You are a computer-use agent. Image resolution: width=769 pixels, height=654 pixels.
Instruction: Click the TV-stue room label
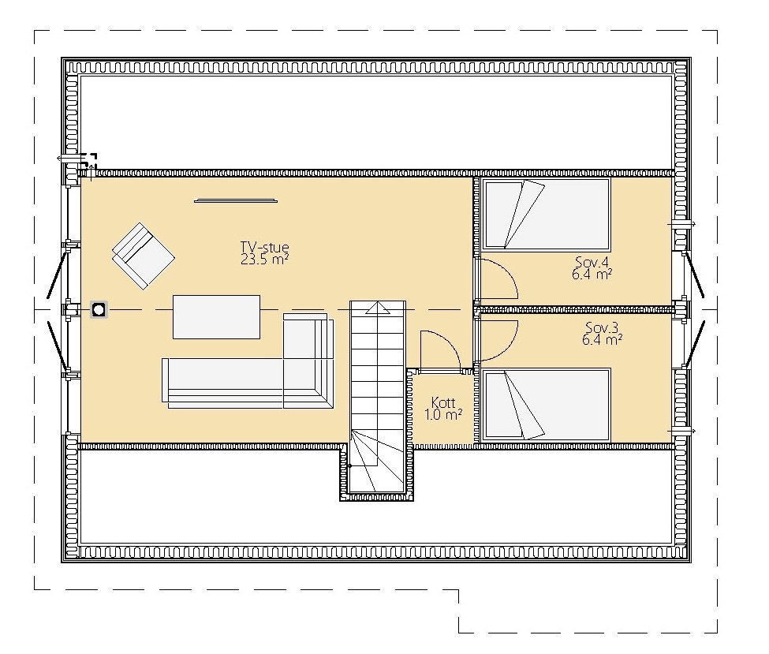click(x=264, y=247)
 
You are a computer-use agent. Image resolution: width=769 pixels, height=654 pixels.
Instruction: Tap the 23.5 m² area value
click(x=264, y=260)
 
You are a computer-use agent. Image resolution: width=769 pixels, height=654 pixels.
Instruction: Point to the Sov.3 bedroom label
click(x=602, y=327)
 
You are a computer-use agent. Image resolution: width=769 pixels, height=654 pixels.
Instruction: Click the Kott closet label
click(x=443, y=403)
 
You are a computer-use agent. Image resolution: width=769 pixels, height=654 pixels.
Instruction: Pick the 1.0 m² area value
click(x=443, y=415)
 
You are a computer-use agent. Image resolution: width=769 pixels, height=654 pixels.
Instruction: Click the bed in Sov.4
click(x=547, y=215)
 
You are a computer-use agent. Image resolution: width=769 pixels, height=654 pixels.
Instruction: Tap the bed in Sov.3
click(x=547, y=405)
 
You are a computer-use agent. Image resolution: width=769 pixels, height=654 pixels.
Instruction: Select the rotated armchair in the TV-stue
click(x=144, y=256)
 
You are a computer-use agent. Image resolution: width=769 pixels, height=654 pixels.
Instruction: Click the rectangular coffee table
click(x=216, y=317)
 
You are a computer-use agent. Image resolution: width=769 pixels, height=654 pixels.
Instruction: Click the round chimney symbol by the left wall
click(x=99, y=309)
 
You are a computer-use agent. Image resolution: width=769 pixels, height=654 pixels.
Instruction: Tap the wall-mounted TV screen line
click(x=235, y=200)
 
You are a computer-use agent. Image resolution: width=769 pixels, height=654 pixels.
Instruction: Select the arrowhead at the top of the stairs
click(x=378, y=308)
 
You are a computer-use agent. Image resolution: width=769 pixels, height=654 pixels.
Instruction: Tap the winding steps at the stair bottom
click(x=377, y=462)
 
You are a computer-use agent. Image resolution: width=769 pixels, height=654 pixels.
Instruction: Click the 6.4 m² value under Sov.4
click(x=592, y=275)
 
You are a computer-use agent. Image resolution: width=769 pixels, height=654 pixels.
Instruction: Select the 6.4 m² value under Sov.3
click(x=602, y=339)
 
